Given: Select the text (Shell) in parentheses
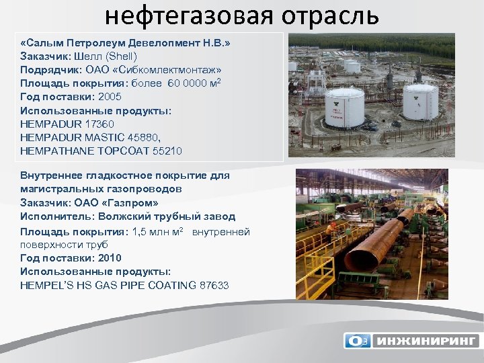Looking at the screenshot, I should coord(120,56).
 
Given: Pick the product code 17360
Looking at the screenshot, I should coord(99,124).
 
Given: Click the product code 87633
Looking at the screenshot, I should coord(214,285).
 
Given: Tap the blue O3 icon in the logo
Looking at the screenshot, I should coord(357,341).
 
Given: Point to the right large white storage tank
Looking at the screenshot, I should coord(421,100).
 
